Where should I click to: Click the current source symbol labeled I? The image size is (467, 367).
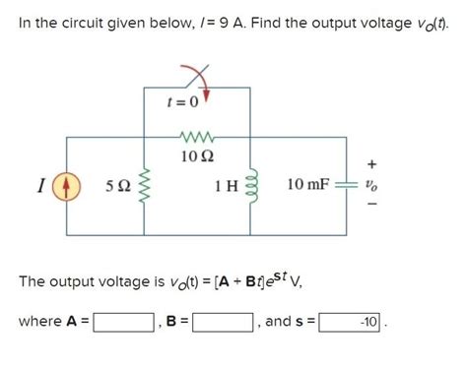68,184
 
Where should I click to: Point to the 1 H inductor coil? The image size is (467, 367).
249,184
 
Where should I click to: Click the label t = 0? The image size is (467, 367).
183,101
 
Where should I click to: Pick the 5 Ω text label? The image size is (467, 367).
117,185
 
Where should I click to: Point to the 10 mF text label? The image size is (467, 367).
307,184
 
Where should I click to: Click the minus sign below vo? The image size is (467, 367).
370,206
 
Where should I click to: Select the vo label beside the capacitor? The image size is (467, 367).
370,184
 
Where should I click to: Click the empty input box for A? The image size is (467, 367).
124,322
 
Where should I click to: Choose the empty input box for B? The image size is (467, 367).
223,322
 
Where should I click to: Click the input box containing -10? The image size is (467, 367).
352,322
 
